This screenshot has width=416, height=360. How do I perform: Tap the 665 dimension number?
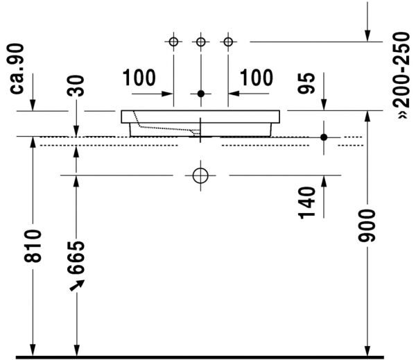pyautogui.click(x=77, y=257)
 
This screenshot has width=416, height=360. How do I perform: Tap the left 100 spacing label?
pyautogui.click(x=139, y=78)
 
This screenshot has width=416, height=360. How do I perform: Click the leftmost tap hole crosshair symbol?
pyautogui.click(x=173, y=43)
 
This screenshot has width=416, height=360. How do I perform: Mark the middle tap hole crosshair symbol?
pyautogui.click(x=201, y=43)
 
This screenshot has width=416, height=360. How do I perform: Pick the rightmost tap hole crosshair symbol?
pyautogui.click(x=227, y=43)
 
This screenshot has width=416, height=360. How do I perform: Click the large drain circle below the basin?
pyautogui.click(x=200, y=175)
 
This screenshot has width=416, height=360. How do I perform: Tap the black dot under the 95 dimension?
pyautogui.click(x=324, y=137)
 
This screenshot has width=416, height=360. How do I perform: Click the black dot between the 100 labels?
pyautogui.click(x=201, y=93)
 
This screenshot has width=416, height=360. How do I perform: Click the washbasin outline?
pyautogui.click(x=201, y=117)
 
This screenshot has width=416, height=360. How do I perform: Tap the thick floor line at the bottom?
pyautogui.click(x=208, y=356)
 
